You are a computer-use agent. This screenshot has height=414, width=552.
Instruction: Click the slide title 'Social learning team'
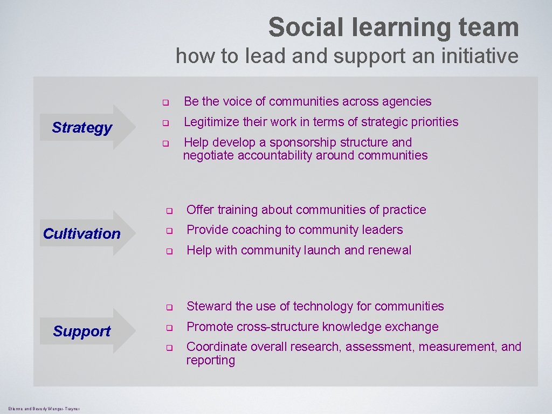point(394,27)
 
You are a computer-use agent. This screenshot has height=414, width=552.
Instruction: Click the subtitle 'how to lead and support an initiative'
point(347,56)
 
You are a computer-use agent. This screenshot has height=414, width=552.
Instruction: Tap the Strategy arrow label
point(82,128)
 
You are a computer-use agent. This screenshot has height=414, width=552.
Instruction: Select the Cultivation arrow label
point(82,233)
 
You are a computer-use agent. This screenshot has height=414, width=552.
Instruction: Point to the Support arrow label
point(82,331)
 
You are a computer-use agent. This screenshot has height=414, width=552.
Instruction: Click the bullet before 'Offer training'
point(168,211)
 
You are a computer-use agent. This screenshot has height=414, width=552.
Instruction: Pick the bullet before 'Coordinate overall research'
point(168,348)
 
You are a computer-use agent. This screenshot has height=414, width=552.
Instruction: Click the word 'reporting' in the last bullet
point(211,361)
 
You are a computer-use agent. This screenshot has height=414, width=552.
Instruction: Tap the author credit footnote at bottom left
point(44,409)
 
